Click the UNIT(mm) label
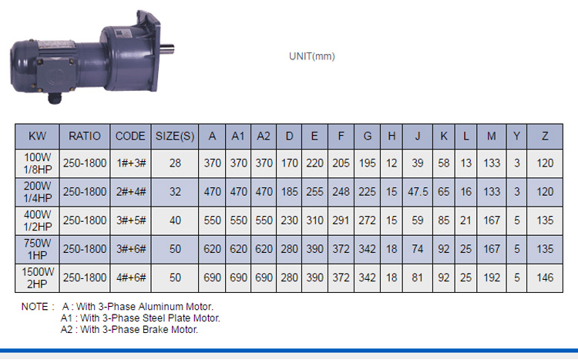pyautogui.click(x=312, y=56)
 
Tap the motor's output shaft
pyautogui.click(x=167, y=50)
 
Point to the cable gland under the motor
pyautogui.click(x=55, y=98)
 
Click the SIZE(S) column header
pyautogui.click(x=175, y=136)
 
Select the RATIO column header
pyautogui.click(x=85, y=136)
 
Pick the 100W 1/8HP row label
pyautogui.click(x=38, y=163)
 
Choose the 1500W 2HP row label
pyautogui.click(x=38, y=278)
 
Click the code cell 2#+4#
pyautogui.click(x=131, y=192)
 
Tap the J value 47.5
pyautogui.click(x=418, y=192)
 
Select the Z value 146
pyautogui.click(x=545, y=278)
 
